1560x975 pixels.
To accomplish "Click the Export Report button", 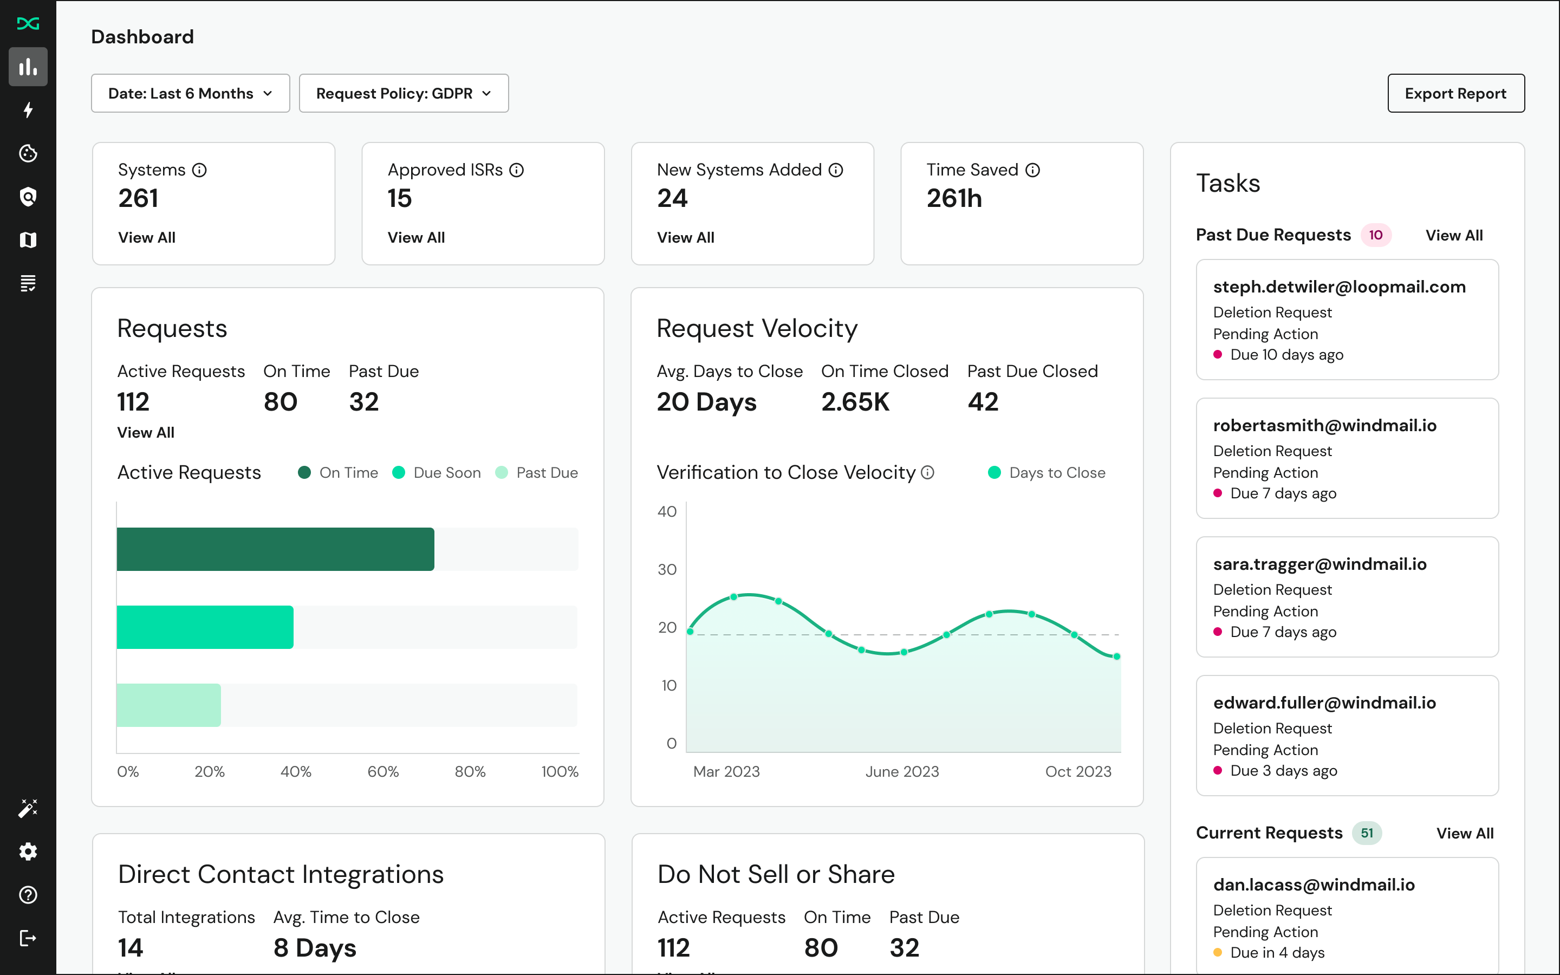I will tap(1455, 94).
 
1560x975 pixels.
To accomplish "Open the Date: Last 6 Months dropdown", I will tap(190, 94).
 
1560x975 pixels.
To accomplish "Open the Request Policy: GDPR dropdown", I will tap(404, 94).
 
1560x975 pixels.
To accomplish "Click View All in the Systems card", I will tap(147, 237).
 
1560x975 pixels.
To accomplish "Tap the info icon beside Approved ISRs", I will tap(516, 170).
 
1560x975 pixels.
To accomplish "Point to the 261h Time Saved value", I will tap(954, 199).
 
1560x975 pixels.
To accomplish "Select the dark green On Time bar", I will tap(275, 549).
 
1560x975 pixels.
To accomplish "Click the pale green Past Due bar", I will tap(169, 705).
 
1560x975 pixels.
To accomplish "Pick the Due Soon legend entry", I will tap(437, 473).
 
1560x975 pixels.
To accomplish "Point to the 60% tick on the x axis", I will tap(383, 771).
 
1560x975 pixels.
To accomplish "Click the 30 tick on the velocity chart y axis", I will tap(667, 569).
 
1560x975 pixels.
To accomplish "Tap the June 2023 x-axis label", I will tap(902, 771).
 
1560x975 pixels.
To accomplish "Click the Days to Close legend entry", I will tap(1047, 473).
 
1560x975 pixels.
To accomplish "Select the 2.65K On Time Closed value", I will tap(855, 402).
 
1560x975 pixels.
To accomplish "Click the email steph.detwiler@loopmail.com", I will tap(1339, 287).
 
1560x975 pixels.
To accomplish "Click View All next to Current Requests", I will tap(1465, 833).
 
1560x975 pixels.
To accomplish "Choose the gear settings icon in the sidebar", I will tap(28, 852).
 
